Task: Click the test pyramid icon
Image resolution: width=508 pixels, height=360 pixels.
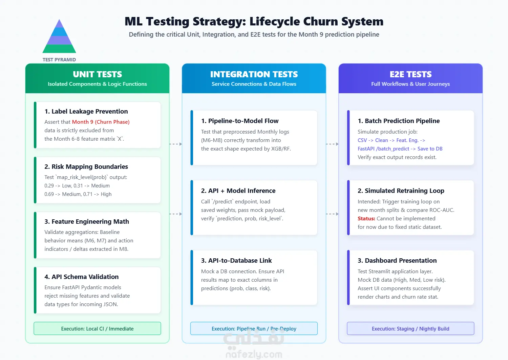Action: point(59,36)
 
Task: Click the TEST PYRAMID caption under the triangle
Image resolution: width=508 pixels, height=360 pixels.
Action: point(59,60)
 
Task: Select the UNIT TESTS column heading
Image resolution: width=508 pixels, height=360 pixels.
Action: point(97,74)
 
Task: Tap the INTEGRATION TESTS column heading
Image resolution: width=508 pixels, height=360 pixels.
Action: point(254,74)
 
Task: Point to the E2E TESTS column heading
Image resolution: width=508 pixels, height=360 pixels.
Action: point(410,74)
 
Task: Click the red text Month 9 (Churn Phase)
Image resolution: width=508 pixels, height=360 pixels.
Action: point(101,122)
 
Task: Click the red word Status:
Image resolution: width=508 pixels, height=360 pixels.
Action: point(366,219)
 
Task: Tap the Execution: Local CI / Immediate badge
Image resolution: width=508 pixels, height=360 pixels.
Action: point(97,328)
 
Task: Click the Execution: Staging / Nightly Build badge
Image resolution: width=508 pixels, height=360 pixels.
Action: point(410,328)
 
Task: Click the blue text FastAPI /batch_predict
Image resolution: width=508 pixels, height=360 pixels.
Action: point(383,149)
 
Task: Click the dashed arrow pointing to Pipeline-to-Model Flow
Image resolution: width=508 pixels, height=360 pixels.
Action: point(175,144)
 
